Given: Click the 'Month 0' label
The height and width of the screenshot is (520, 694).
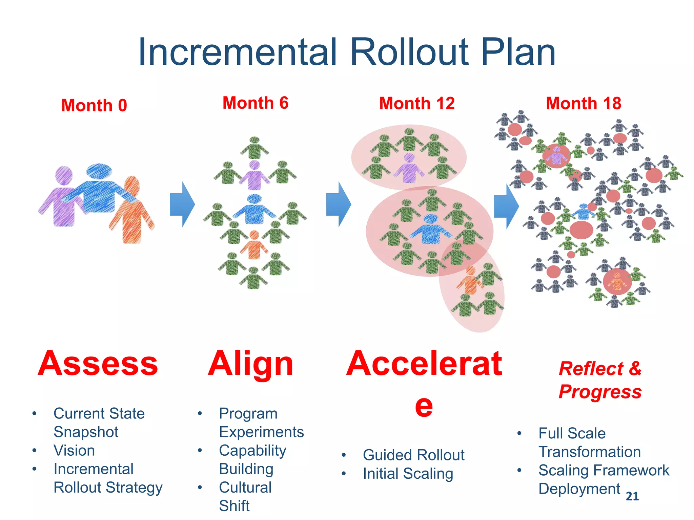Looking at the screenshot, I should [94, 105].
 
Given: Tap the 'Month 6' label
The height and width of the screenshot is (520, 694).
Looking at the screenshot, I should [255, 103].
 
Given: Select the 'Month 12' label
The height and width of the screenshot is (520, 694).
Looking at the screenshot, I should [416, 103].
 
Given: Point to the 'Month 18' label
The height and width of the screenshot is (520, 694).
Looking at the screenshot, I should [583, 103].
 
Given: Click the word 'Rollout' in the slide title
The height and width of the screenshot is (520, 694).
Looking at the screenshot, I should [409, 52].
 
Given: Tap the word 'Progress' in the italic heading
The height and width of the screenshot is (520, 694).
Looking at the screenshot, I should [600, 392].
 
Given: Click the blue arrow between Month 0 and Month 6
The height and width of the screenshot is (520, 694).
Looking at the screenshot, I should [182, 204].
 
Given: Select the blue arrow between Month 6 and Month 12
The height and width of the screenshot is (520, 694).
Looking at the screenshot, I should [338, 204].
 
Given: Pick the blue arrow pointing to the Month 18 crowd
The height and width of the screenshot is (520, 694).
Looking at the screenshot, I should [506, 206].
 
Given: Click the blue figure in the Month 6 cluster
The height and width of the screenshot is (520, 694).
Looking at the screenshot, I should [254, 210].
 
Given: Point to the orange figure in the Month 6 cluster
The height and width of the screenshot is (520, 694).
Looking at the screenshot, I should [254, 245].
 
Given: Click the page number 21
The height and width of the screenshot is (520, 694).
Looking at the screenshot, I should [632, 496].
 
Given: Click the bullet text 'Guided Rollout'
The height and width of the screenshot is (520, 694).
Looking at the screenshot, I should [413, 455].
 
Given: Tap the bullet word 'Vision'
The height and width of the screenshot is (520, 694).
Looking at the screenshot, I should [74, 451].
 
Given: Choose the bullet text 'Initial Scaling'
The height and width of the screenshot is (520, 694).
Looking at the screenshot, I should [408, 474].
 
